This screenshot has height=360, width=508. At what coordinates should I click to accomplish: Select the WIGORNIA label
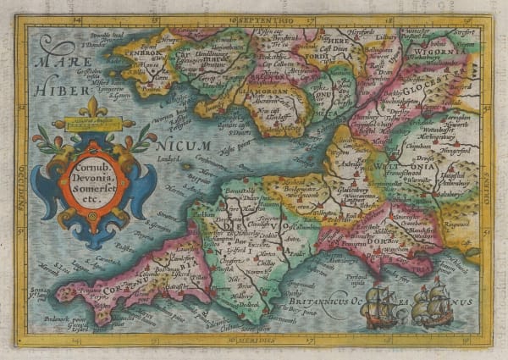tap(453, 51)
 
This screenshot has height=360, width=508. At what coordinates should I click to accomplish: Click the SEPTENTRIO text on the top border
tap(255, 19)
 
